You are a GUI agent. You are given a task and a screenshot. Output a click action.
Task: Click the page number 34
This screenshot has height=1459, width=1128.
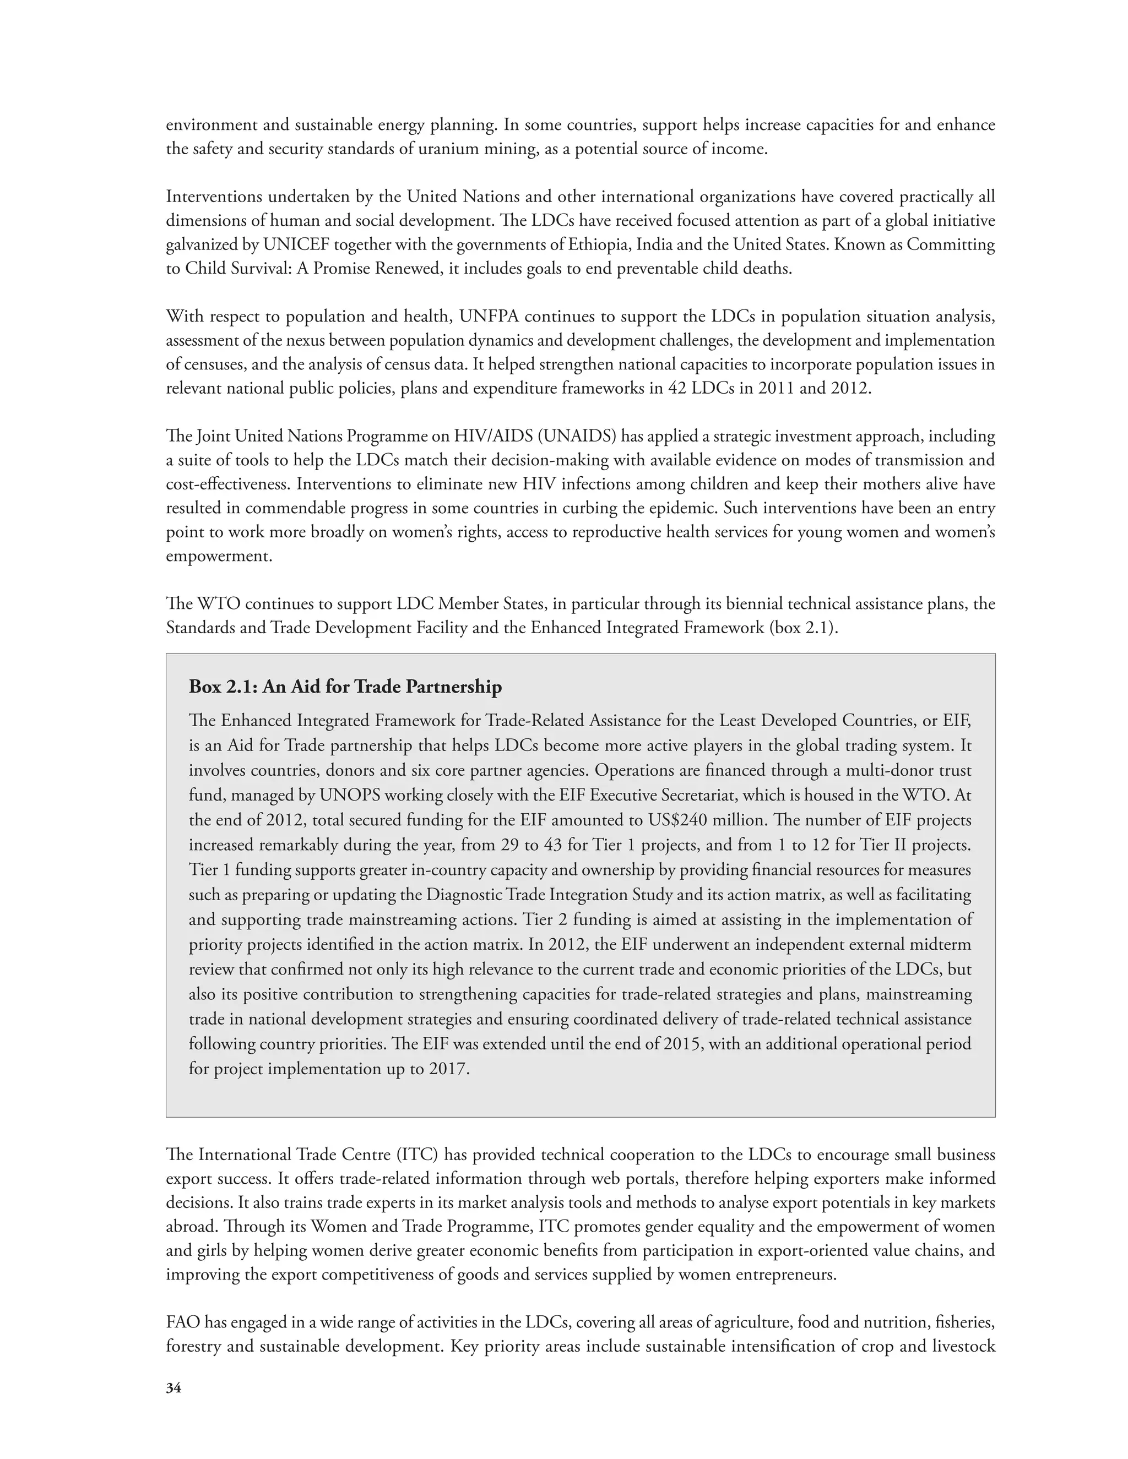(x=173, y=1387)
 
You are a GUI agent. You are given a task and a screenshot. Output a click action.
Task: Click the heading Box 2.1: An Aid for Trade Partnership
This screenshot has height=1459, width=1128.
(x=345, y=686)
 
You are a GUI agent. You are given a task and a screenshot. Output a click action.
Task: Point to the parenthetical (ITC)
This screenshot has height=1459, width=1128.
(x=417, y=1155)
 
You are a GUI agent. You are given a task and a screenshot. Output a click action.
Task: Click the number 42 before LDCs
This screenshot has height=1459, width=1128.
(x=677, y=388)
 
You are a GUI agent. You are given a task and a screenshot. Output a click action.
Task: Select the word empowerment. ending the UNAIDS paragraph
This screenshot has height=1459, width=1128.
(x=219, y=556)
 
